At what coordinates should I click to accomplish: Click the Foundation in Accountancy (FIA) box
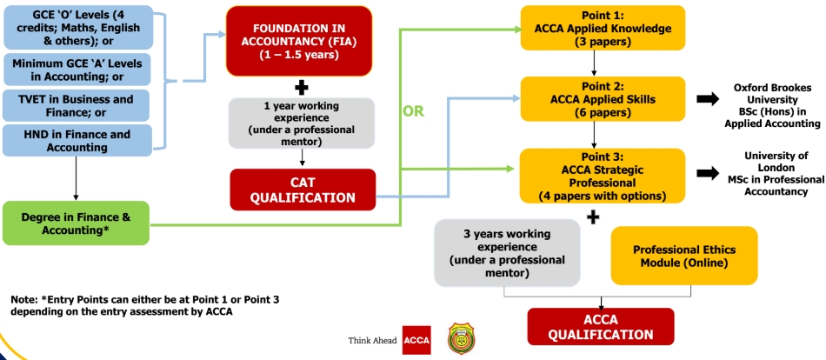tap(299, 41)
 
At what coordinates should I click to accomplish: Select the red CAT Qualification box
tap(303, 190)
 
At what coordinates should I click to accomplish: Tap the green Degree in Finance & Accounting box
tap(76, 223)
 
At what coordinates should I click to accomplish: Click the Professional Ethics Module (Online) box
tap(684, 256)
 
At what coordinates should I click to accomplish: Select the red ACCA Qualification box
tap(601, 327)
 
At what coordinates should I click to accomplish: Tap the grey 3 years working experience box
tap(507, 253)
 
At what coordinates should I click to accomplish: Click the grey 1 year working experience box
tap(302, 123)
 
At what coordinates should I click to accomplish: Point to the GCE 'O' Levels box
tap(78, 28)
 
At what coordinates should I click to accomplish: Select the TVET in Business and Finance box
tap(77, 105)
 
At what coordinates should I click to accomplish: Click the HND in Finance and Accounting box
tap(77, 141)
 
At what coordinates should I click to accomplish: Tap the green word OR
tap(414, 112)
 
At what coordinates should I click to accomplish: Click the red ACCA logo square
tap(416, 341)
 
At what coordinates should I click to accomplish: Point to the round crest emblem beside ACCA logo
tap(461, 339)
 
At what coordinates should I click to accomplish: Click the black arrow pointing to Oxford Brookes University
tap(708, 98)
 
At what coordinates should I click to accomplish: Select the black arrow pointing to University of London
tap(708, 172)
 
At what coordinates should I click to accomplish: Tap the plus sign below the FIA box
tap(302, 88)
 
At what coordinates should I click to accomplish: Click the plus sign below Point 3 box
tap(593, 217)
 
